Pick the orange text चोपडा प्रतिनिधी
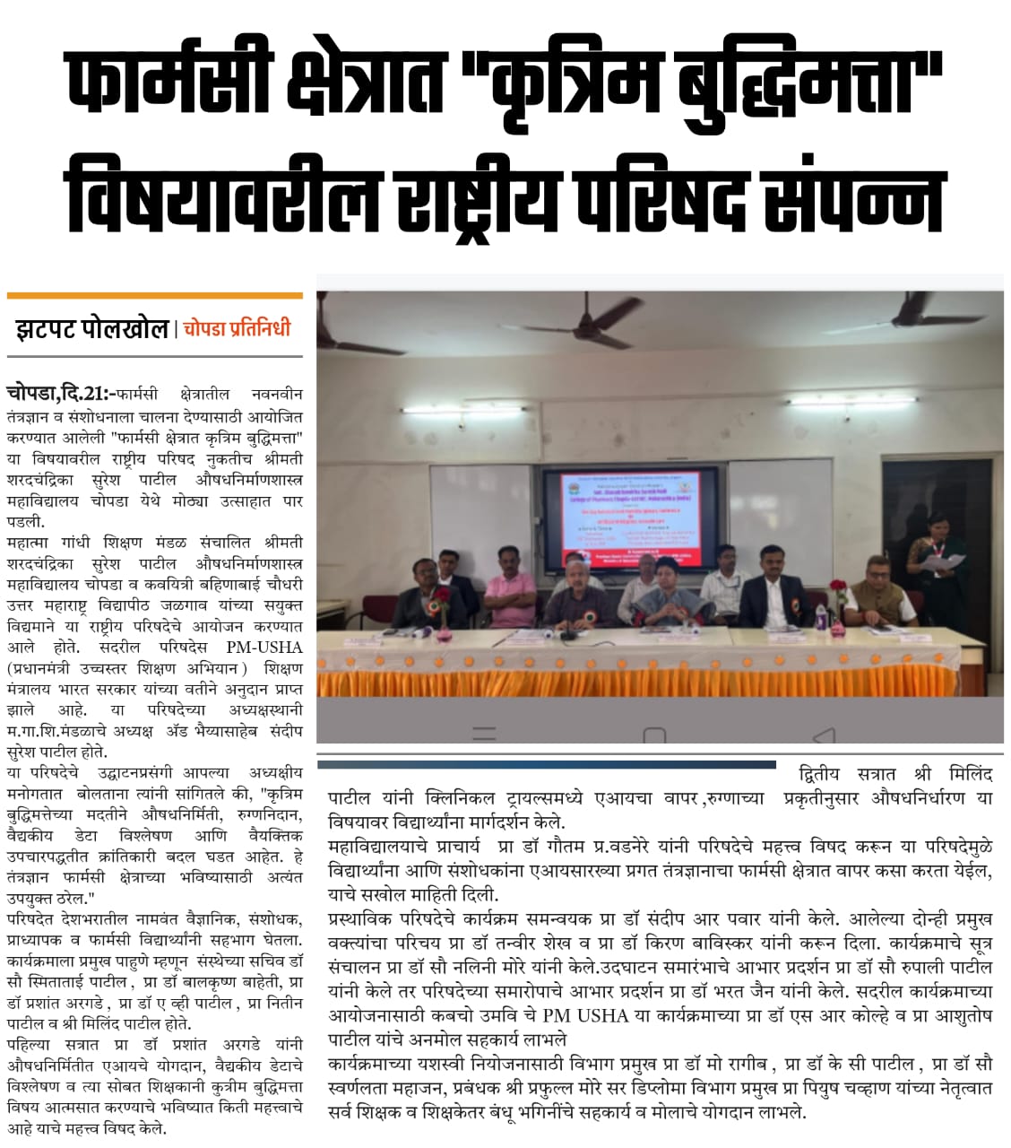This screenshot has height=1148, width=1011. click(237, 329)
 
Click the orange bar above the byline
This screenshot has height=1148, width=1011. click(154, 295)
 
